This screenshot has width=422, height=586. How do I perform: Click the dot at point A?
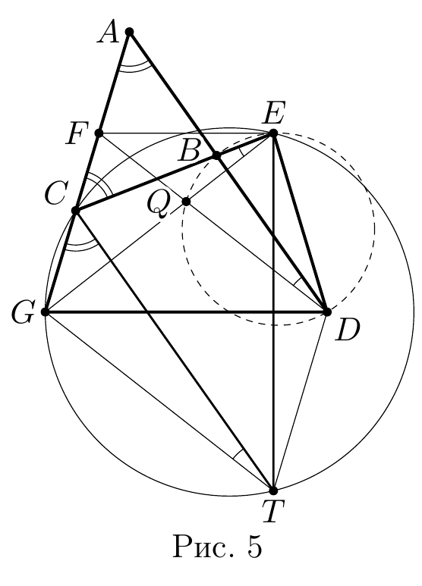[x=130, y=32]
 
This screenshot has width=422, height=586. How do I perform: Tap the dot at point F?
[x=99, y=133]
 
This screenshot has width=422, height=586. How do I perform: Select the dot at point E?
[x=273, y=133]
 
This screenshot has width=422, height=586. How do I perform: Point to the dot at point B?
[x=216, y=155]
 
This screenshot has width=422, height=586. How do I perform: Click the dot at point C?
[x=76, y=211]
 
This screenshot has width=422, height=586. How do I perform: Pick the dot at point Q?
[x=186, y=202]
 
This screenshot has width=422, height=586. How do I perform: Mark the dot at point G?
[x=46, y=312]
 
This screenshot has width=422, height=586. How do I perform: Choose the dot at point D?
[x=326, y=312]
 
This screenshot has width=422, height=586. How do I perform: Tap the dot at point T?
[x=273, y=490]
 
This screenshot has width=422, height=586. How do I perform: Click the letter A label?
[x=108, y=34]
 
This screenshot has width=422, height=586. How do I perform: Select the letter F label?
[x=77, y=134]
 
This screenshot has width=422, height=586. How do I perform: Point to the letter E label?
[x=273, y=114]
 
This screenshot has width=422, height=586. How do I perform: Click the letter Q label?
[x=158, y=205]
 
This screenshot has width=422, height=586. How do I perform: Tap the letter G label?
[x=22, y=312]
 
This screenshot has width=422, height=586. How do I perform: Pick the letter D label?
[x=347, y=331]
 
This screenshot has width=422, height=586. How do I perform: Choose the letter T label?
[x=273, y=511]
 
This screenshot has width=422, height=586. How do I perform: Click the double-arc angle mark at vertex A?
[x=135, y=67]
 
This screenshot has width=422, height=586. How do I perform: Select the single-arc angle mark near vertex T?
[x=238, y=453]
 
